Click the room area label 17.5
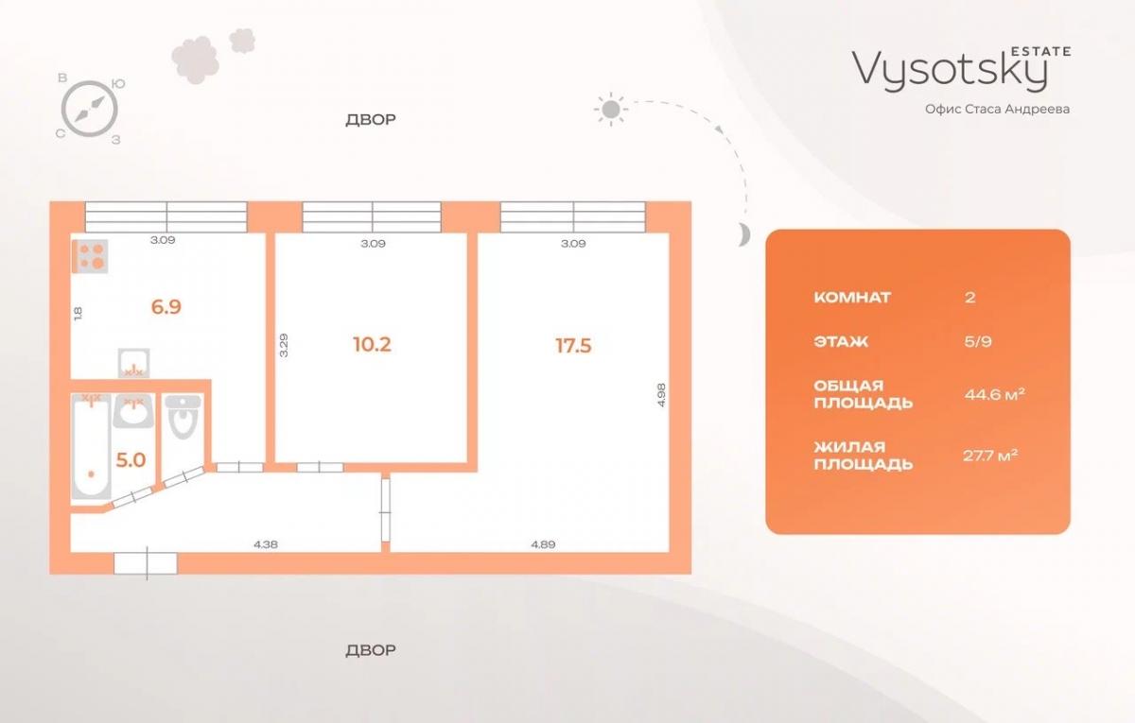[x=573, y=346]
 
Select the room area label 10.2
[x=372, y=344]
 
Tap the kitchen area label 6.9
[x=166, y=307]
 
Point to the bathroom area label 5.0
[x=131, y=460]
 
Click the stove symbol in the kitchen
[x=90, y=256]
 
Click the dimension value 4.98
[x=661, y=395]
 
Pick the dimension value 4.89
[x=543, y=544]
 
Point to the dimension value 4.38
[x=266, y=544]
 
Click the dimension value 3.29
[x=284, y=345]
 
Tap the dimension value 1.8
[x=78, y=314]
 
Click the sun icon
[x=611, y=109]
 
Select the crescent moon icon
[x=743, y=234]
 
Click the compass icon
[x=90, y=109]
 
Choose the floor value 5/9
[x=978, y=342]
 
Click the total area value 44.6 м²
[x=995, y=394]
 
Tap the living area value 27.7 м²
[x=990, y=456]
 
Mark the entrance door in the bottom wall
[x=146, y=563]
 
